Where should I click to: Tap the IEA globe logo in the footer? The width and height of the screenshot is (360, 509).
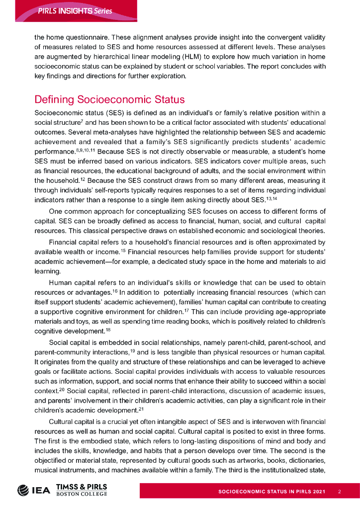coord(23,490)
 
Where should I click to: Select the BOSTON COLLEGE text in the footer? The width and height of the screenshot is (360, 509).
coord(82,493)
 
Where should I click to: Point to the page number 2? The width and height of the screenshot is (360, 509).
coord(339,492)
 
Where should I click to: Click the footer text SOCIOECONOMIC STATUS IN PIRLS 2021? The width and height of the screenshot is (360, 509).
coord(271,492)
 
